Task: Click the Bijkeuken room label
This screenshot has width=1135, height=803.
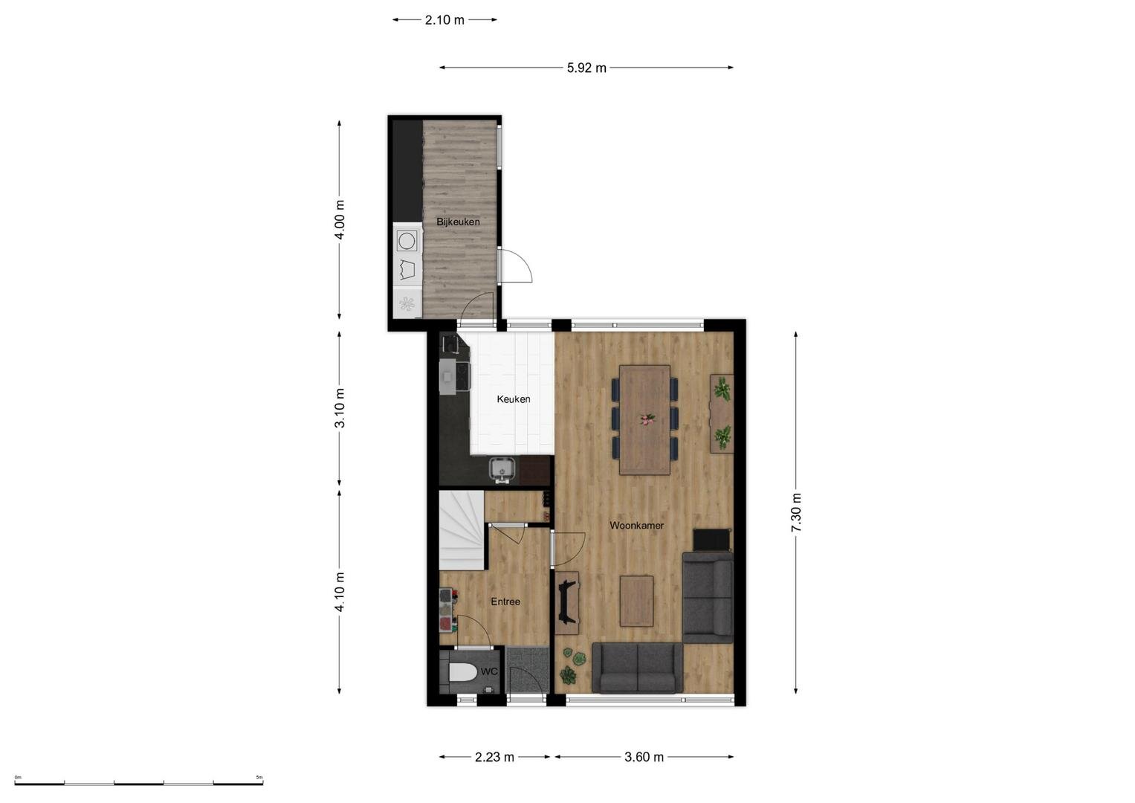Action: point(458,222)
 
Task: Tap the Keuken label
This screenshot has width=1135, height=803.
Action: point(514,399)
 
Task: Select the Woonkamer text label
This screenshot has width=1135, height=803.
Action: point(636,525)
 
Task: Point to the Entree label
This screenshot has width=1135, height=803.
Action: point(505,602)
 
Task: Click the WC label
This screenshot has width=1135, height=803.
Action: point(489,671)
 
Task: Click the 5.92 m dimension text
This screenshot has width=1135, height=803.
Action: point(586,68)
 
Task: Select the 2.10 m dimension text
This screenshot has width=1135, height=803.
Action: point(444,20)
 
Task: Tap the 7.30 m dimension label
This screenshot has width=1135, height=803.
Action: point(795,512)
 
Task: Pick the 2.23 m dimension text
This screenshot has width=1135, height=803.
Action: point(494,758)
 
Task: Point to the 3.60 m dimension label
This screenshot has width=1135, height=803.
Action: point(644,758)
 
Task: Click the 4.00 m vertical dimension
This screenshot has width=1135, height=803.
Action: point(340,219)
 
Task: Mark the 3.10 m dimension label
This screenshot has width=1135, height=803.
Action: point(340,408)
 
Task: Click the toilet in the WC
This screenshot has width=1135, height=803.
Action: point(462,673)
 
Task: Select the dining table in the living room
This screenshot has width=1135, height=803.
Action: point(644,420)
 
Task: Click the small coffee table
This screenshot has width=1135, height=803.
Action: point(636,601)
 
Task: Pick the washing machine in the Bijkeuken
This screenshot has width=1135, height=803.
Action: point(407,241)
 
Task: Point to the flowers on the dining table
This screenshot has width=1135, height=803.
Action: point(647,419)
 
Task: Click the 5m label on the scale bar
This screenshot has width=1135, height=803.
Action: point(259,777)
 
